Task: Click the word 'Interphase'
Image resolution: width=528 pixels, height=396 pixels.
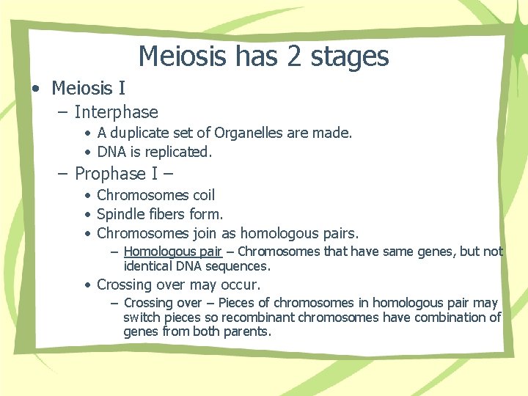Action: (x=116, y=112)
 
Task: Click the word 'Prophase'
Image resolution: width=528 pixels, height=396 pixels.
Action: (x=110, y=174)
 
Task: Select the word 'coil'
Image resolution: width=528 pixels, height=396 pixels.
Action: (x=203, y=196)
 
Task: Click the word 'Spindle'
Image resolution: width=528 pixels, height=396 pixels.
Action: (x=121, y=215)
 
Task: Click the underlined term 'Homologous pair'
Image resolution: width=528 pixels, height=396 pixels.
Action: (x=172, y=252)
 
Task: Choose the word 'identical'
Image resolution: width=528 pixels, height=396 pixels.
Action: (x=150, y=265)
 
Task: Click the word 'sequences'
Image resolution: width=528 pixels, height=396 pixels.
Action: (x=239, y=265)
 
